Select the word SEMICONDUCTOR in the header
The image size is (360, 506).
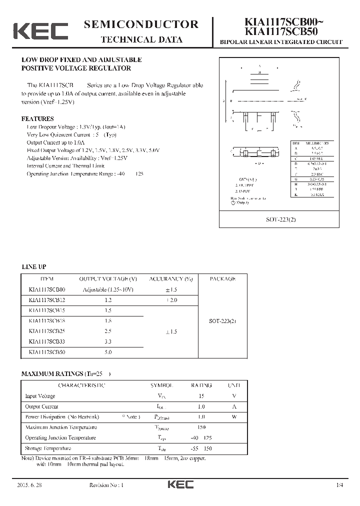(x=141, y=24)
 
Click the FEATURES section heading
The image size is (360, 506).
(x=37, y=119)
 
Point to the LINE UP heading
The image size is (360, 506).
(x=34, y=267)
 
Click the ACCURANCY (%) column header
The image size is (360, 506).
(x=171, y=279)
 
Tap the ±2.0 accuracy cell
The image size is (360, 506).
(x=170, y=300)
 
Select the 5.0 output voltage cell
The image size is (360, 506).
(x=108, y=352)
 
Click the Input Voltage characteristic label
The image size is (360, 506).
(x=40, y=396)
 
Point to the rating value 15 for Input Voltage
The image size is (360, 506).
(x=201, y=396)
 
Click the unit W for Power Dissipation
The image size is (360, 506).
(x=234, y=417)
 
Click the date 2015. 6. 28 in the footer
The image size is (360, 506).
(x=29, y=485)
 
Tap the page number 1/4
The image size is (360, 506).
(x=340, y=485)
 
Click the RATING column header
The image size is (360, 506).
(x=201, y=385)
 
